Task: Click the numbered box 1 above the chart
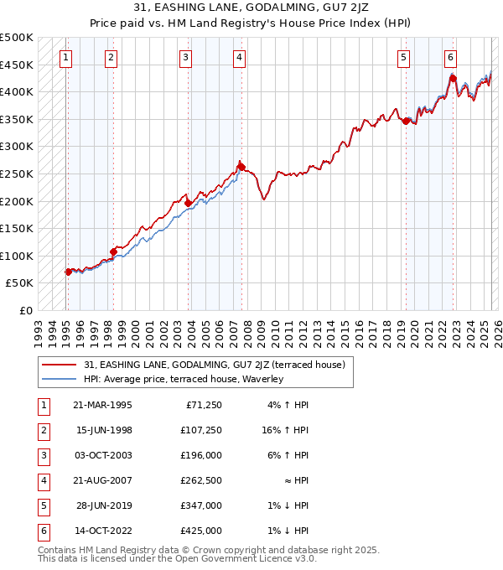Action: coord(65,58)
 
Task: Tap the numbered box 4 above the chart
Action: coord(239,58)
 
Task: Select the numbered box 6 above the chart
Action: coord(450,58)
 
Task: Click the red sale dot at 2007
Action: coord(241,167)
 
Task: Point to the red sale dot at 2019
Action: coord(406,121)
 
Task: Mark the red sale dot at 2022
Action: coord(452,79)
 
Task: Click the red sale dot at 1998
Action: coord(113,251)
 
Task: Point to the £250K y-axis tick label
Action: coord(17,174)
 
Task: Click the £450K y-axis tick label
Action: coord(17,65)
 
